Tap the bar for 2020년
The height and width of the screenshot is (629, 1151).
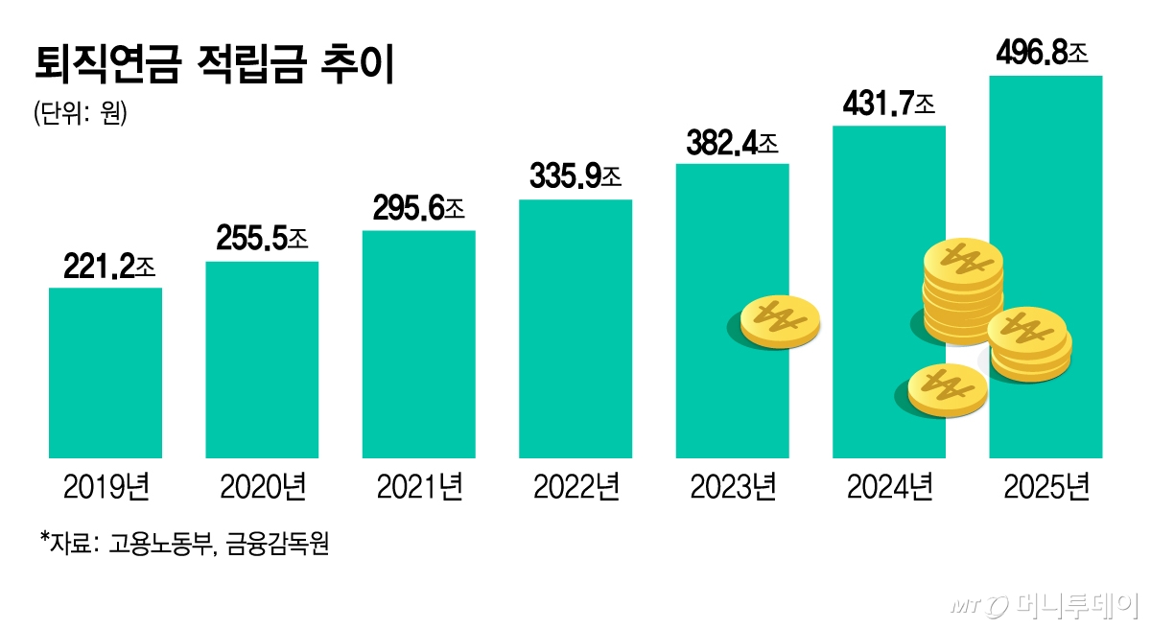tap(262, 360)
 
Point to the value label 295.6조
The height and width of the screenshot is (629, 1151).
tap(420, 209)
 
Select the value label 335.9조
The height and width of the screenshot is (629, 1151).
tap(576, 177)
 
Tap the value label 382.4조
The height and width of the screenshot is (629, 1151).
tap(733, 143)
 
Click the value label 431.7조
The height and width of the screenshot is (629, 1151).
tap(889, 103)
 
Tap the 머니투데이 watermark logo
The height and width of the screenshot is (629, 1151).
tap(1045, 606)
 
